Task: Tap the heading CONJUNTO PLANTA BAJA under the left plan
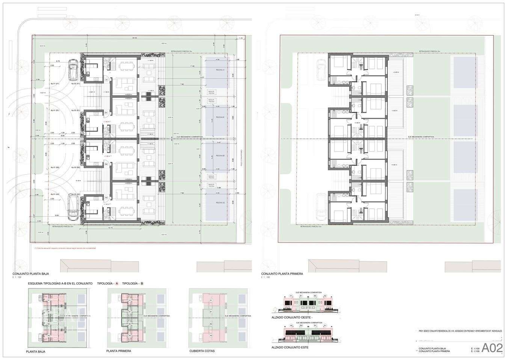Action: point(30,274)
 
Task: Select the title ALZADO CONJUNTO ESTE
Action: point(290,348)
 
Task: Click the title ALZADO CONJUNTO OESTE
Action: point(291,318)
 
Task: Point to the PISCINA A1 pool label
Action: point(220,70)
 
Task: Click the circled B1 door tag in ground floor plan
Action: point(106,112)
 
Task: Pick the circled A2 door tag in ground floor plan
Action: point(106,197)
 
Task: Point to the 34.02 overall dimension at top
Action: point(134,38)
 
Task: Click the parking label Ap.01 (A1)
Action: point(55,84)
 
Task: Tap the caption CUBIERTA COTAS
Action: point(202,351)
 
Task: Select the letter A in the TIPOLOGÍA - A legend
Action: point(117,284)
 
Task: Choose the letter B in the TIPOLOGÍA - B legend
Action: point(142,284)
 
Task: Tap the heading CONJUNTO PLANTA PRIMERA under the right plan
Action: point(282,274)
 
